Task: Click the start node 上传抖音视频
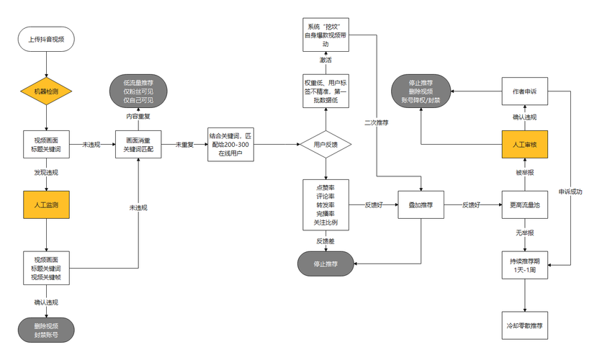[46, 39]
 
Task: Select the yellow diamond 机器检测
[46, 91]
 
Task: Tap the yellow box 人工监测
[47, 205]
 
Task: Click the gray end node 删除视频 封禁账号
[46, 330]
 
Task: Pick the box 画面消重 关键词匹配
[138, 144]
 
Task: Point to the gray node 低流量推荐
[138, 91]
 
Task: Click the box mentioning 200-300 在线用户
[230, 145]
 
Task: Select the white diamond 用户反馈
[325, 144]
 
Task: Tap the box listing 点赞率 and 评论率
[325, 205]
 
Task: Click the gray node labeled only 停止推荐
[325, 264]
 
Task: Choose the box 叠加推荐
[421, 205]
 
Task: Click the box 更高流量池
[525, 205]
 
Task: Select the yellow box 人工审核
[525, 144]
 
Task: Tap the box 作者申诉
[525, 91]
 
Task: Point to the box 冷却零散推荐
[525, 325]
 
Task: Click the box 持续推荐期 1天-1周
[525, 265]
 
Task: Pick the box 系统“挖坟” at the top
[325, 35]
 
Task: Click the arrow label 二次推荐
[376, 123]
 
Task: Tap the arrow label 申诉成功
[570, 192]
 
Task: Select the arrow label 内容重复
[138, 117]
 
